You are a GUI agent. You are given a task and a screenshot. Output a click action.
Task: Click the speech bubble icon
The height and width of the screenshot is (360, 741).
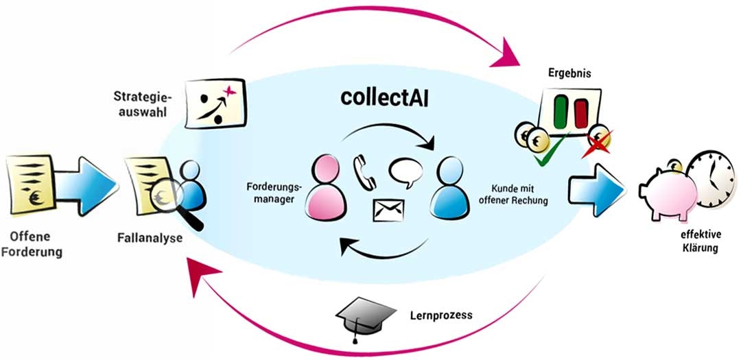403,172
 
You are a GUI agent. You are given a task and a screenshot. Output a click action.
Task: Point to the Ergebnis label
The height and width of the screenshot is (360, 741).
569,73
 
